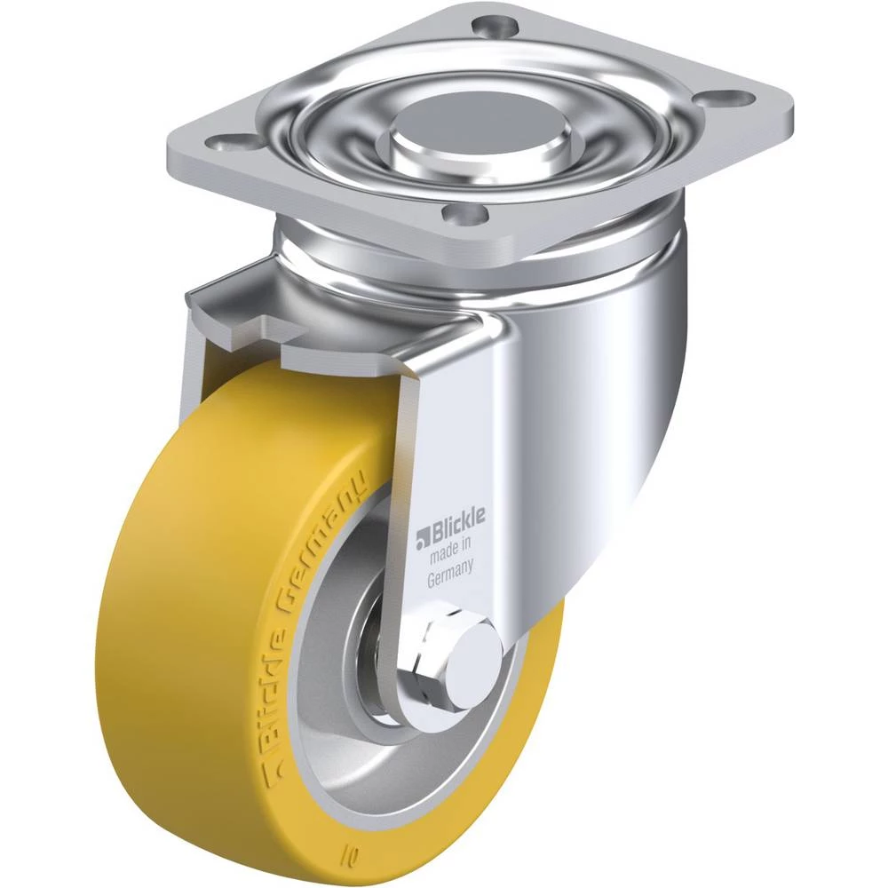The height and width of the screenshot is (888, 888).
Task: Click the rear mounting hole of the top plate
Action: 494,27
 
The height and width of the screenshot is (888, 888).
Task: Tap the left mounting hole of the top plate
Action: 225,140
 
